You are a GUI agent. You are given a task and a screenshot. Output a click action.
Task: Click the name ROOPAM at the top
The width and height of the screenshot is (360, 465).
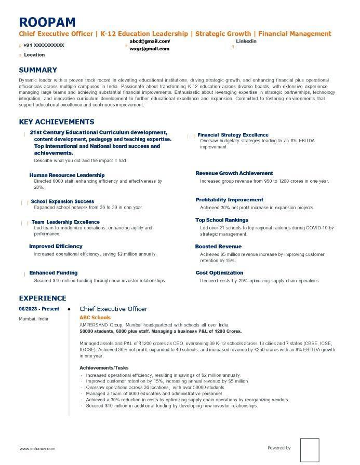47,22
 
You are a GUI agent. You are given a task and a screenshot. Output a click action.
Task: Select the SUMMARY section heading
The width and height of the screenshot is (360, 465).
38,70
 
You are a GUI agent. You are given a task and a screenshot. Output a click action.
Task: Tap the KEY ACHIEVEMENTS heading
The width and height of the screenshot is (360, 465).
57,122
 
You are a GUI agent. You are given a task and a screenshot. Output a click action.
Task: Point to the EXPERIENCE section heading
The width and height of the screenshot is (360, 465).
43,298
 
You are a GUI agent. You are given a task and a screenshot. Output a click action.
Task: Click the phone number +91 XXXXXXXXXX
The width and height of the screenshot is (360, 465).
44,45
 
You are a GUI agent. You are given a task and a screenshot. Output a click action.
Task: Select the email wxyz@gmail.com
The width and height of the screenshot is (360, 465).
149,49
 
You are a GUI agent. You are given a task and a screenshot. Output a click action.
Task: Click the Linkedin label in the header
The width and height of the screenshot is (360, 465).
246,41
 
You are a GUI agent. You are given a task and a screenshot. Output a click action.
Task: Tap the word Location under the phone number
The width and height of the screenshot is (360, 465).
34,54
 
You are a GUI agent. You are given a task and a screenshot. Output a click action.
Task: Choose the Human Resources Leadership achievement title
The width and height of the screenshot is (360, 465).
67,175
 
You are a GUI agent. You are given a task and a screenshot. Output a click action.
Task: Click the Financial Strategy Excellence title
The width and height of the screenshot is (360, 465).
233,135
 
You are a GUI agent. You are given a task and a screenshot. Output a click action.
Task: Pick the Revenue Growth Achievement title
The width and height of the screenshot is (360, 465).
234,173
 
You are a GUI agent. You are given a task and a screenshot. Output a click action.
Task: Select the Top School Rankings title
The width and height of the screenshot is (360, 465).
222,220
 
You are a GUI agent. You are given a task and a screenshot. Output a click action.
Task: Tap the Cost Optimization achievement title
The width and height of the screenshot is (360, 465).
219,272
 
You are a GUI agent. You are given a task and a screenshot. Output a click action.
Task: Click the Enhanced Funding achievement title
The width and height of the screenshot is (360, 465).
54,272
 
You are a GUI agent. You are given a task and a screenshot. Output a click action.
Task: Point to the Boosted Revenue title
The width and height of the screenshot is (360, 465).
218,247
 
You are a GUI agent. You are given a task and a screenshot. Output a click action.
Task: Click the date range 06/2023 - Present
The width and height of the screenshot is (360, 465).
39,309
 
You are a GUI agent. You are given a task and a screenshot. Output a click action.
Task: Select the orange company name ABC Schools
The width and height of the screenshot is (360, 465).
95,318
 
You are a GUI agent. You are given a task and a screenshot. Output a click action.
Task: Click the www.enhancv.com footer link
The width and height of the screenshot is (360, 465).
37,448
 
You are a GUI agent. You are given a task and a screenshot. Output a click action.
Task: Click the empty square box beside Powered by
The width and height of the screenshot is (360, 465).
310,449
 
